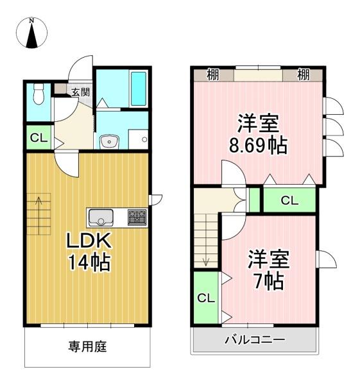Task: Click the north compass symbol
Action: click(31, 33)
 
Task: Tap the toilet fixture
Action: click(39, 94)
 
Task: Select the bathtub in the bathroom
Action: click(138, 89)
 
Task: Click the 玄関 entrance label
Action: click(81, 92)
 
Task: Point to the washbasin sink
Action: click(109, 141)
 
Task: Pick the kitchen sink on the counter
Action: click(101, 218)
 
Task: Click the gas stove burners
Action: click(137, 218)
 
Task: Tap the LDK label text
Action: click(89, 241)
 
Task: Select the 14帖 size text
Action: click(89, 262)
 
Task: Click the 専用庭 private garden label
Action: click(87, 347)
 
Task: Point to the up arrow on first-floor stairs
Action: click(39, 216)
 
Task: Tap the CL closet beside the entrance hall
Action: click(39, 138)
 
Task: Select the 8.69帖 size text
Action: click(258, 146)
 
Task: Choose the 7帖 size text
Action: click(269, 282)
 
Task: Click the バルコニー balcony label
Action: click(255, 340)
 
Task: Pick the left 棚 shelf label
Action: click(212, 75)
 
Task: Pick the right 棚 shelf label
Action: click(304, 75)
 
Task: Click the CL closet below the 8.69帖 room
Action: click(290, 200)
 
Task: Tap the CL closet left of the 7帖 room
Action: click(206, 298)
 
